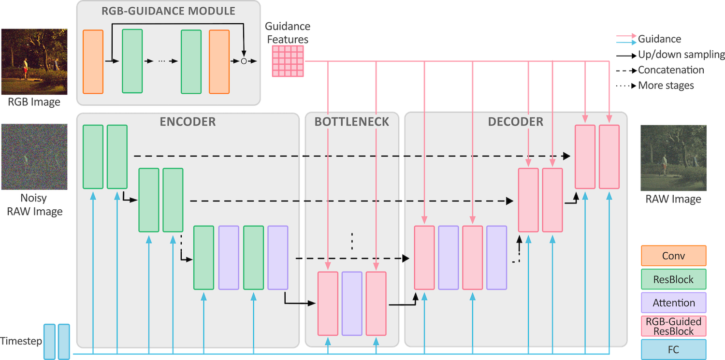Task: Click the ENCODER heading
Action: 188,122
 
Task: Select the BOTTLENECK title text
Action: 352,122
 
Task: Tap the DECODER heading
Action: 516,122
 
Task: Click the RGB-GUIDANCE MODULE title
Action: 168,11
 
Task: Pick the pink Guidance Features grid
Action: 288,61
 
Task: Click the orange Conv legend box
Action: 674,256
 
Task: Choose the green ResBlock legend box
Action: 674,279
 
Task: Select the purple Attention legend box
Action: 674,303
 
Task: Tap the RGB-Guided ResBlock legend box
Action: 674,326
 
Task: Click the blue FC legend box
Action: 674,350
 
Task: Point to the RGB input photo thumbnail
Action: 34,61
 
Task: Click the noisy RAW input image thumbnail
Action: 34,157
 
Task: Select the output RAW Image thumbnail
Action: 674,158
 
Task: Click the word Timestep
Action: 21,341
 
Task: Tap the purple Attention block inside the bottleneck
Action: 352,303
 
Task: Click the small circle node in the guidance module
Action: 244,61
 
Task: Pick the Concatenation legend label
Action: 671,70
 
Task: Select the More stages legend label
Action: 666,86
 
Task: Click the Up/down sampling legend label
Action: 681,54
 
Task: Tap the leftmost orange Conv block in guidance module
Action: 93,62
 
